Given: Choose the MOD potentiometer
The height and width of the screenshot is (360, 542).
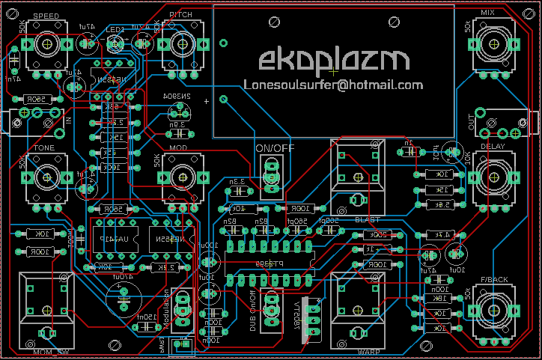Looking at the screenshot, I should pos(180,177).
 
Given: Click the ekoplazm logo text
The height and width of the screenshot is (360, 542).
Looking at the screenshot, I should pos(335,61).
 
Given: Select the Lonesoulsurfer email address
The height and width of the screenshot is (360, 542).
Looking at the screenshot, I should pos(333,85).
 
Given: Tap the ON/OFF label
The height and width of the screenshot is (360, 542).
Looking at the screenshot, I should pos(275,148).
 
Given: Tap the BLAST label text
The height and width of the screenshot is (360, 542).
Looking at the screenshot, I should pos(368,219).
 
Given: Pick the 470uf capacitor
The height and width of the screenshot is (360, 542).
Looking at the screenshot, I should pos(122,296).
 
